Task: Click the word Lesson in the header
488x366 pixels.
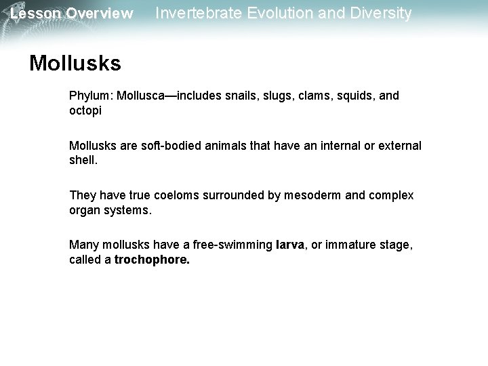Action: click(x=33, y=14)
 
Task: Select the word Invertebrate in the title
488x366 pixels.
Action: click(x=197, y=13)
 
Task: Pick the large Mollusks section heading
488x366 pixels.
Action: click(x=75, y=63)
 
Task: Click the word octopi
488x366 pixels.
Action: click(x=85, y=110)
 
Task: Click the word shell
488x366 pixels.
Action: click(x=84, y=160)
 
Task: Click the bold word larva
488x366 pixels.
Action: click(x=291, y=245)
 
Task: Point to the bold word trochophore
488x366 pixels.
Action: click(x=152, y=260)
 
